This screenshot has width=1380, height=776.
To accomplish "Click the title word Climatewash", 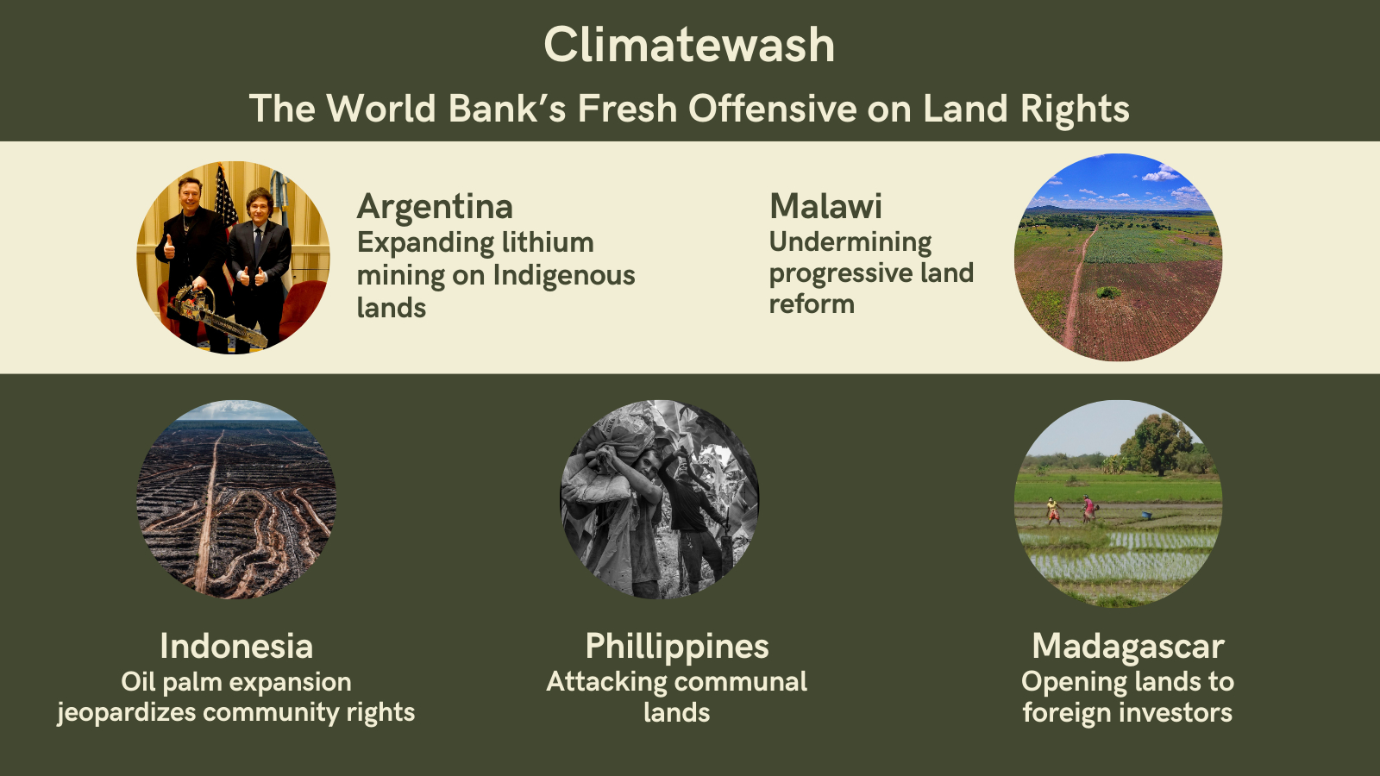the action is coord(689,46).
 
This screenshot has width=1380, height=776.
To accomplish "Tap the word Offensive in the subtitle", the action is coord(773,109).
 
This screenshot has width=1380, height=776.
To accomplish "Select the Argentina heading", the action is coord(435,207).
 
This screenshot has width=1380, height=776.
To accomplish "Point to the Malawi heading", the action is coord(825,206).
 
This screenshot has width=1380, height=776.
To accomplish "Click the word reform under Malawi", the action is coord(812,304).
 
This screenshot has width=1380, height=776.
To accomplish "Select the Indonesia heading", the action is coord(236,646).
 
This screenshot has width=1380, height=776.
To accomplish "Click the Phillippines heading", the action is coord(677,647).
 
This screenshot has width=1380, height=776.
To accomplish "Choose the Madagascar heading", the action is coord(1128,648).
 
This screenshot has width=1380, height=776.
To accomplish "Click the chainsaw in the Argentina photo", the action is coord(216,314).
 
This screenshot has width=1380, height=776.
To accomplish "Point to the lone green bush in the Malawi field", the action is coord(1108,292).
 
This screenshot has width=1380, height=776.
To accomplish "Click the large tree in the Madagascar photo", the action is coord(1158,443).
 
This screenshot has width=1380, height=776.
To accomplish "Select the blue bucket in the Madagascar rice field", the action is coord(1146,515).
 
